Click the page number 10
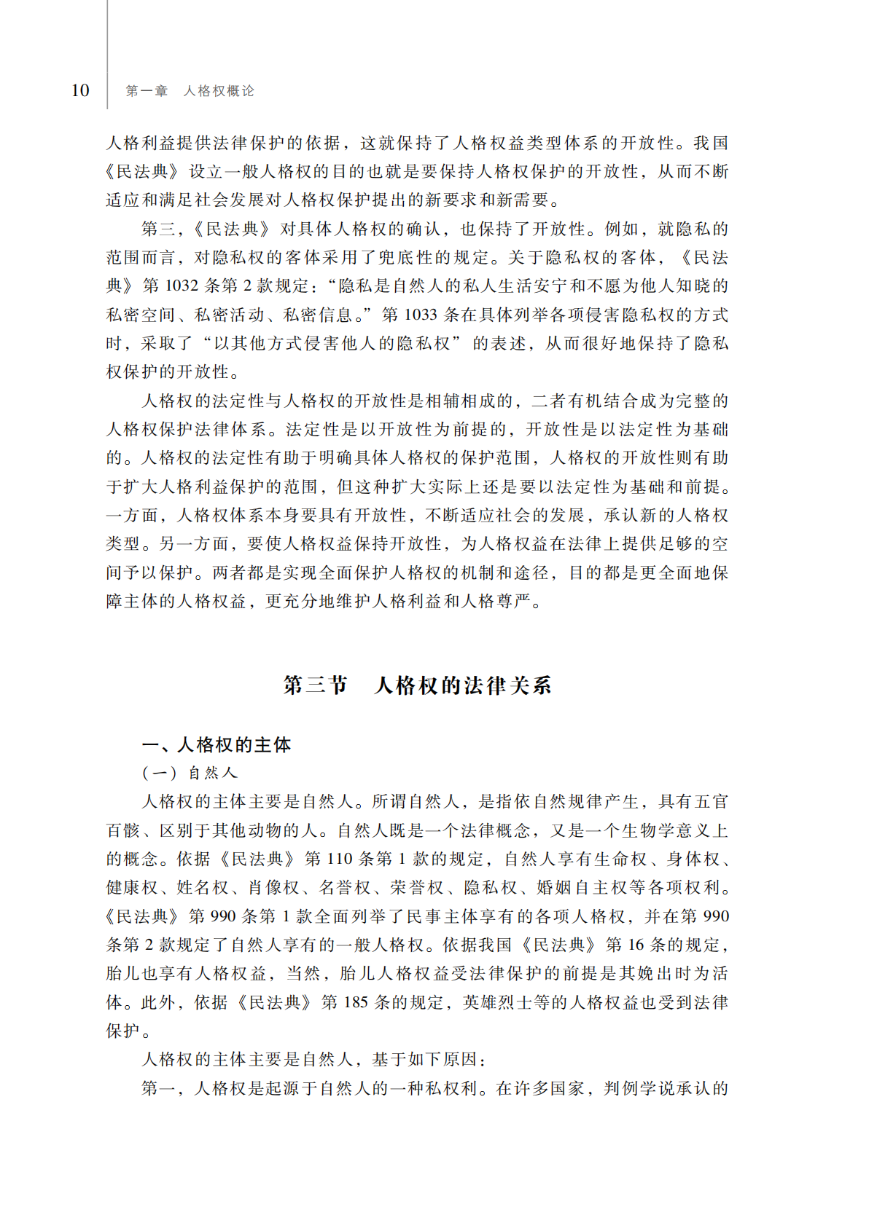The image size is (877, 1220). click(80, 90)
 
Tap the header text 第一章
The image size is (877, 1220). click(147, 91)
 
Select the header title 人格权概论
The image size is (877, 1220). click(219, 91)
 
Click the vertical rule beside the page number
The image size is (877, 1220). click(108, 55)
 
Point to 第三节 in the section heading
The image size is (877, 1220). click(316, 685)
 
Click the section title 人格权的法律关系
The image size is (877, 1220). click(463, 685)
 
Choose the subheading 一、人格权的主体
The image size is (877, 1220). click(217, 744)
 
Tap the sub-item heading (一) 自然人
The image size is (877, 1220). click(190, 773)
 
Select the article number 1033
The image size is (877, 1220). click(421, 315)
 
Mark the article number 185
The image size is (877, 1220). click(356, 1002)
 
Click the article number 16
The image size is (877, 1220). click(636, 945)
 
